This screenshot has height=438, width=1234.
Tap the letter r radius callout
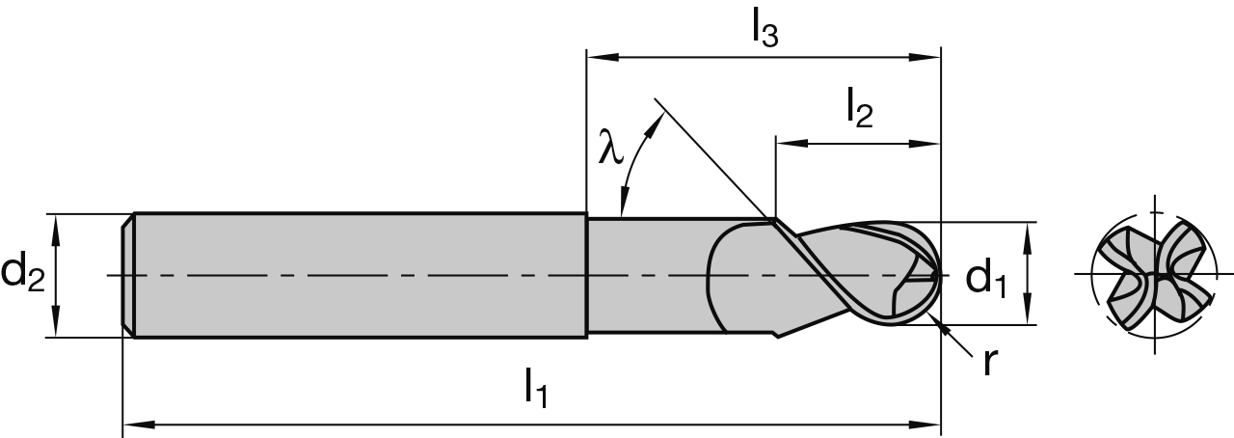pos(989,361)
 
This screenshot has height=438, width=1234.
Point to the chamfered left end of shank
pos(127,275)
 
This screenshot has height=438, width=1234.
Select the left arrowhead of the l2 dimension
pos(785,145)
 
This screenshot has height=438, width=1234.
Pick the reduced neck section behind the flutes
pos(646,275)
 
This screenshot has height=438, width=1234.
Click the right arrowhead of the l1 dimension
pos(930,423)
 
